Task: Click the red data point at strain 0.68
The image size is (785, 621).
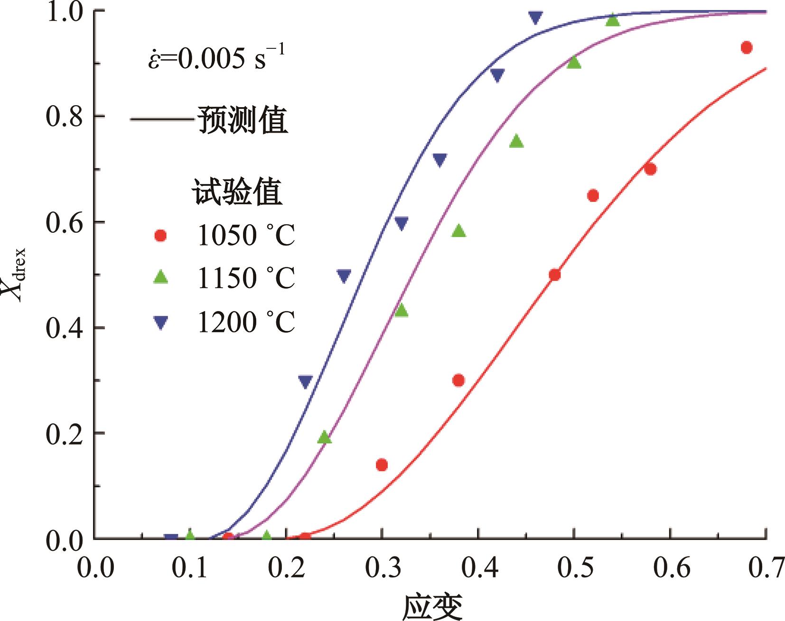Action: click(746, 47)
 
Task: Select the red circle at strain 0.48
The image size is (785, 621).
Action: click(554, 275)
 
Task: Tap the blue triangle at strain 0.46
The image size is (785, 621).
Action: click(535, 18)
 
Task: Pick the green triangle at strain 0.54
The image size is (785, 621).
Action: click(612, 20)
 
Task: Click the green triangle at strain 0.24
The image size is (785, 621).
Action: click(324, 438)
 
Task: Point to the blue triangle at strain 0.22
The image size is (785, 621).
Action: click(305, 382)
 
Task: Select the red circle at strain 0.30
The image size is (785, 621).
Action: click(382, 465)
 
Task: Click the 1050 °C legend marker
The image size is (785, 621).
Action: click(161, 236)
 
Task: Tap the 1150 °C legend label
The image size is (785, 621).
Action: click(246, 278)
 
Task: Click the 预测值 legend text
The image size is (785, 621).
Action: click(243, 120)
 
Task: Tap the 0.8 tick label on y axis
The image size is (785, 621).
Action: click(64, 117)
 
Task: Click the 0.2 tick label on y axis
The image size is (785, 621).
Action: click(64, 434)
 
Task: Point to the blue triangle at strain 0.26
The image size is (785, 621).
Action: click(344, 275)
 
